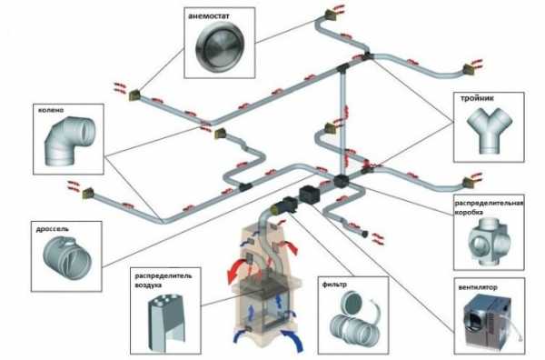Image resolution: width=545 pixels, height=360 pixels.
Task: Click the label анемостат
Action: click(x=209, y=16)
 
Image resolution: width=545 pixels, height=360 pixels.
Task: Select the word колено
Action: click(x=51, y=110)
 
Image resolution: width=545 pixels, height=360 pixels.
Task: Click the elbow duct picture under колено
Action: click(x=69, y=141)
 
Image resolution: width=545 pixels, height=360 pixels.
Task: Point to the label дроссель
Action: click(x=53, y=229)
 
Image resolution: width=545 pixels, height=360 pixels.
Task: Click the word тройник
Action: click(x=477, y=98)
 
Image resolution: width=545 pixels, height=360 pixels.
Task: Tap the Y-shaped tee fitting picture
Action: click(x=489, y=130)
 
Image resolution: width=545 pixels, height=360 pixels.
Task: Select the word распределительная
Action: click(x=489, y=203)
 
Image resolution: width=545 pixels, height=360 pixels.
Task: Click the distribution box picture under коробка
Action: click(x=489, y=243)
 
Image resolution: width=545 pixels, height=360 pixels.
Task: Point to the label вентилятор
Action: click(x=478, y=287)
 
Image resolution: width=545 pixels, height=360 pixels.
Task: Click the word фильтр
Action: click(x=334, y=285)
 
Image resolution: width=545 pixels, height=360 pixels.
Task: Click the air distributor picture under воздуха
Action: click(x=167, y=319)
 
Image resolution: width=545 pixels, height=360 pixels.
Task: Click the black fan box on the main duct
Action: click(x=309, y=195)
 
